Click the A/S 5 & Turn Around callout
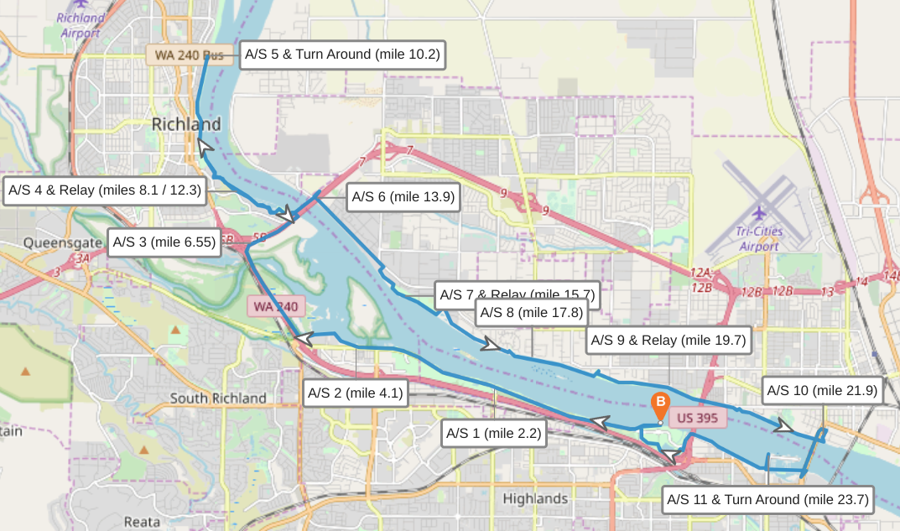tap(341, 55)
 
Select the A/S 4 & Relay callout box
tap(105, 190)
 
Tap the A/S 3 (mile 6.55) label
tap(164, 242)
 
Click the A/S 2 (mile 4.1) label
tap(355, 393)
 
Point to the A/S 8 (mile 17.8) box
tap(528, 313)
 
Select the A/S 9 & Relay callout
tap(668, 341)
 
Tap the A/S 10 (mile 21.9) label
tap(822, 391)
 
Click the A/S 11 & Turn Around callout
tap(767, 500)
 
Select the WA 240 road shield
tap(275, 306)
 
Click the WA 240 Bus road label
tap(190, 56)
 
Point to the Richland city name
tap(186, 125)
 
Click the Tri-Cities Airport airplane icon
tap(760, 213)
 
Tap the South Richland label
tap(218, 398)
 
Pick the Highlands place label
tap(535, 499)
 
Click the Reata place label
tap(142, 522)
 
